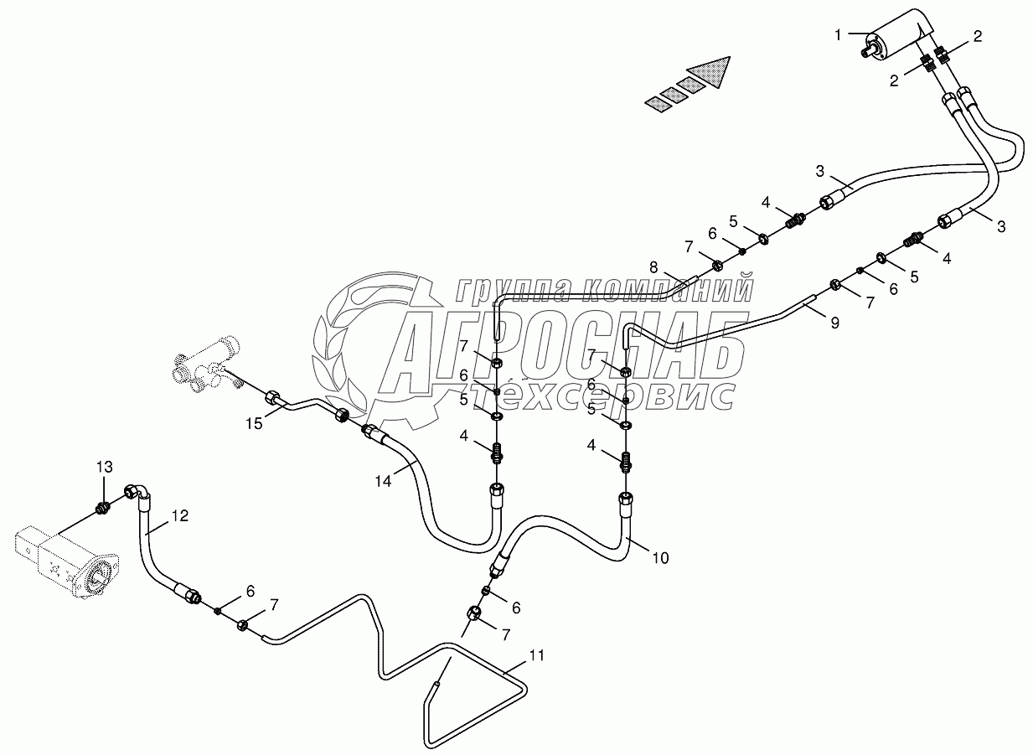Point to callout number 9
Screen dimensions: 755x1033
point(834,323)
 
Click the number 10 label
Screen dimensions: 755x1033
point(660,557)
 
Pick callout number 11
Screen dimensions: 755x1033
point(536,655)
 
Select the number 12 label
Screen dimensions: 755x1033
point(182,517)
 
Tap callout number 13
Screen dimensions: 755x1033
point(103,467)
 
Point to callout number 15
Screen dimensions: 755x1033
point(254,424)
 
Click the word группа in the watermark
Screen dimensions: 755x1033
point(512,290)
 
